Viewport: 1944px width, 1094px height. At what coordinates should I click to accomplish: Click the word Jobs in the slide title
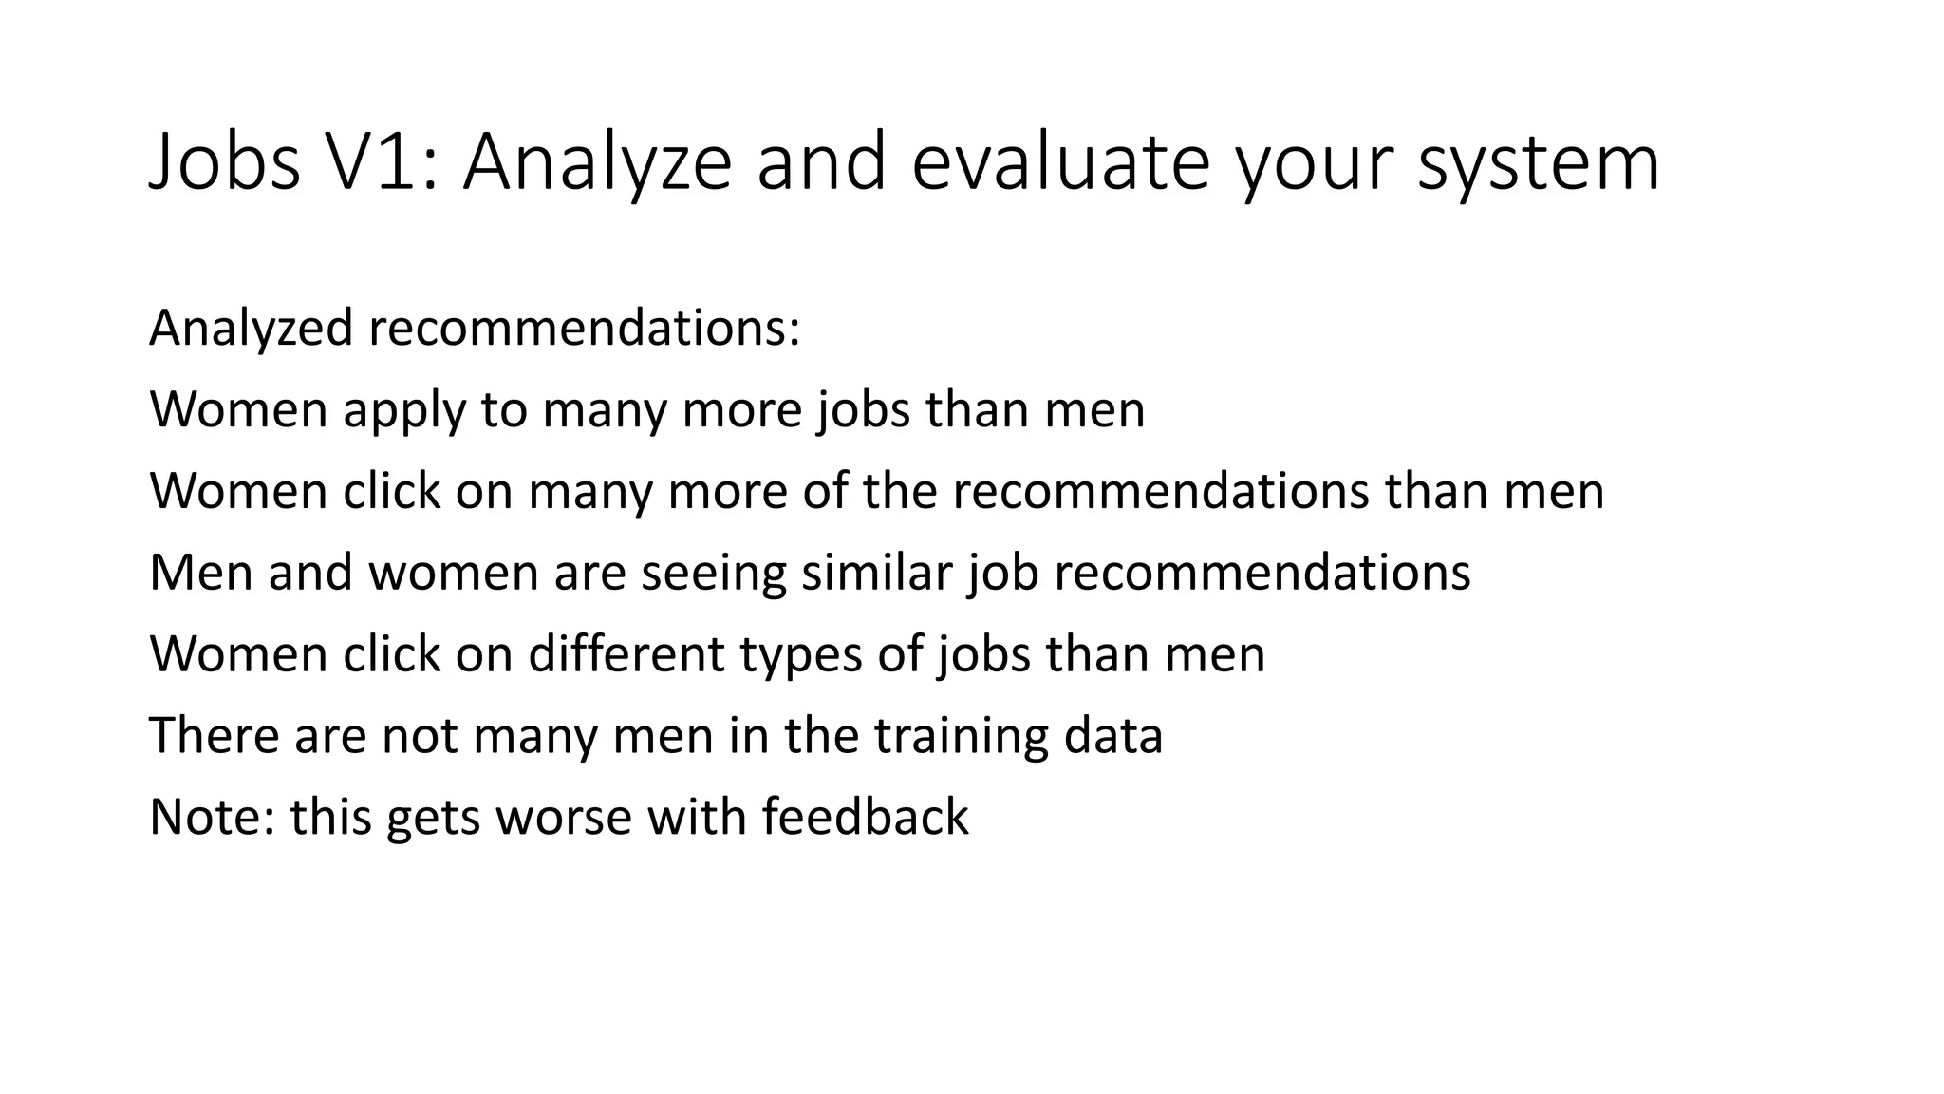225,161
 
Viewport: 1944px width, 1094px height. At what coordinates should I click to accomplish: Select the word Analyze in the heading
598,161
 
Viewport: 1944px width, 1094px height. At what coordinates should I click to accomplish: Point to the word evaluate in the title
1060,161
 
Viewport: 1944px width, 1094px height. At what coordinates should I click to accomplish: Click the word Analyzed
251,329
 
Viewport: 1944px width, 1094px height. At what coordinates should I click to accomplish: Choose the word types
800,656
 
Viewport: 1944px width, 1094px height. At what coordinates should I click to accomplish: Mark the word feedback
864,817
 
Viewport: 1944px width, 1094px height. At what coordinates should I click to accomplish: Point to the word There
214,736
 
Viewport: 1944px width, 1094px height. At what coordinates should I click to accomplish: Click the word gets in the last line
433,819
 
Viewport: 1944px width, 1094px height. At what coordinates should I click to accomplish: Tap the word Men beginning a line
200,573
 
